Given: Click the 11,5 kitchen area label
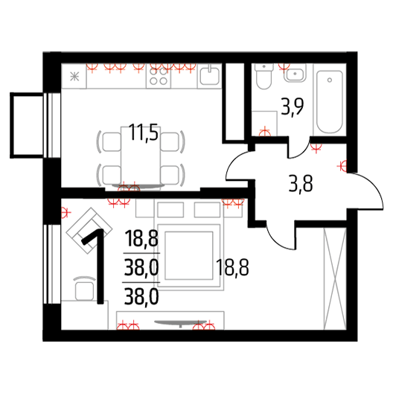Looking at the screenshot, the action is pos(144,132).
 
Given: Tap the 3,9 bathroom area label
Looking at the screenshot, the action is pos(293,106).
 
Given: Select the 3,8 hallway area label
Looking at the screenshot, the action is pos(301,184).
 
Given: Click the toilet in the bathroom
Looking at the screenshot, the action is pos(264,76).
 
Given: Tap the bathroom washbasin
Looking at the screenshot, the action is pos(295,73).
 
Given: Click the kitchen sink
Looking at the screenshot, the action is pos(210,75).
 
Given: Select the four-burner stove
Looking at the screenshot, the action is pos(159,76).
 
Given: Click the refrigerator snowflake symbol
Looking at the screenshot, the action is pos(74,76).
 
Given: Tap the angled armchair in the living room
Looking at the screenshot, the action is pos(89,231).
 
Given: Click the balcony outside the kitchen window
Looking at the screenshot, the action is pos(27,125).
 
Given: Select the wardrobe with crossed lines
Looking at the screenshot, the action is pos(335,278).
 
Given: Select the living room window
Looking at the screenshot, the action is pos(52,264).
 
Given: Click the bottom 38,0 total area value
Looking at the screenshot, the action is pos(141,297).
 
